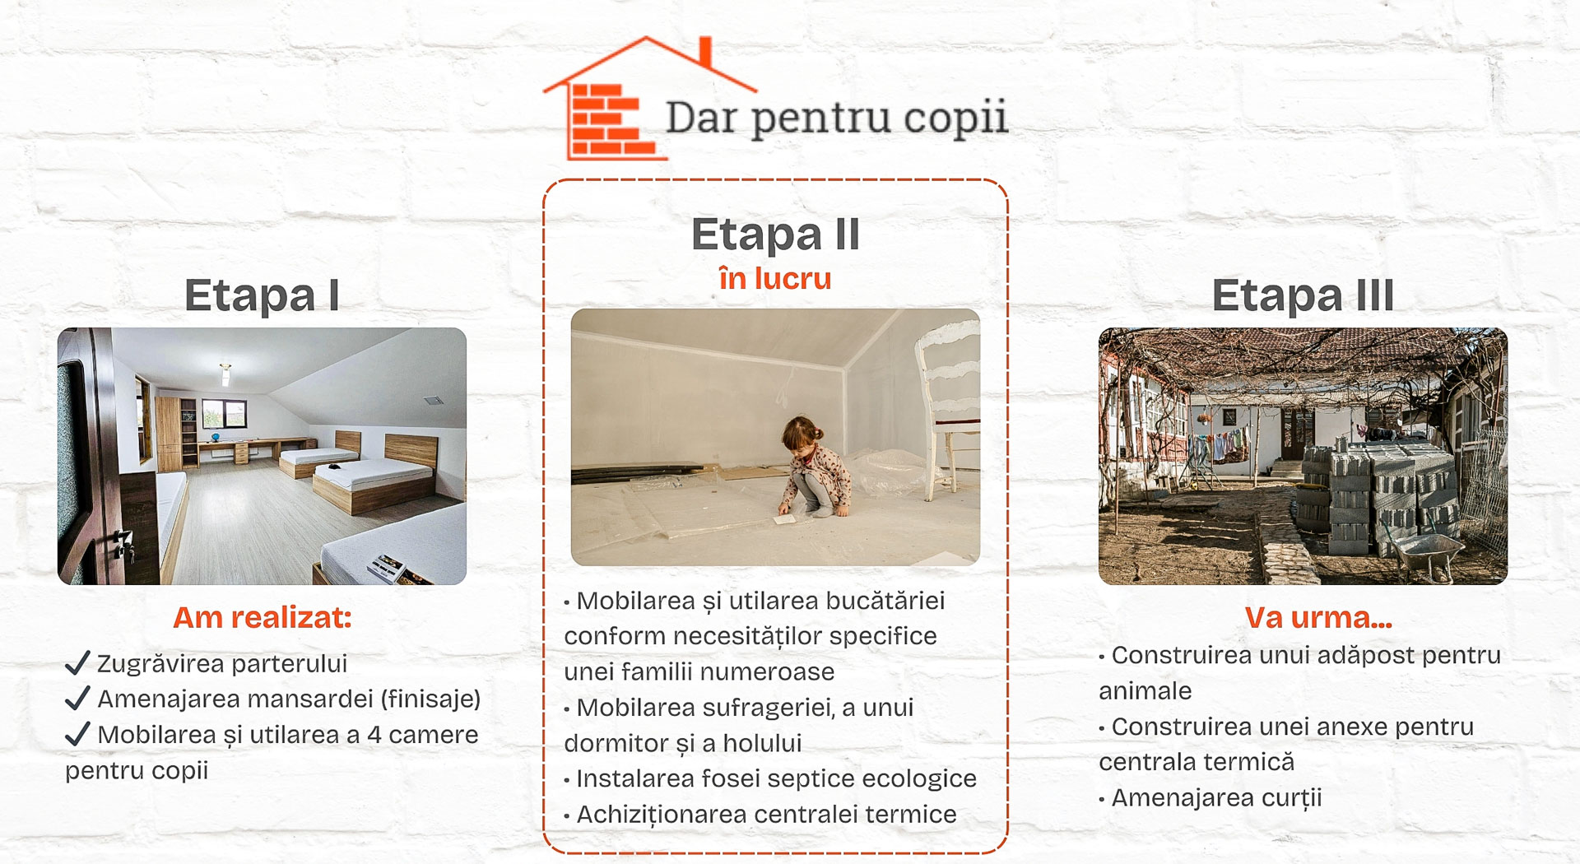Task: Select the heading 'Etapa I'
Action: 262,295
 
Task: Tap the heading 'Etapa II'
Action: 775,235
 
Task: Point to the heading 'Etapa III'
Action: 1303,295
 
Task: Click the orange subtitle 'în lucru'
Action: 775,279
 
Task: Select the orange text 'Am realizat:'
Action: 262,617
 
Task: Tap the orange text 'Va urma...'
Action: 1318,617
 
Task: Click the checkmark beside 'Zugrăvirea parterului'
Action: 77,662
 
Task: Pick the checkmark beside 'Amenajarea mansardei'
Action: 77,699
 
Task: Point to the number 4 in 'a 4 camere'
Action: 374,735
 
